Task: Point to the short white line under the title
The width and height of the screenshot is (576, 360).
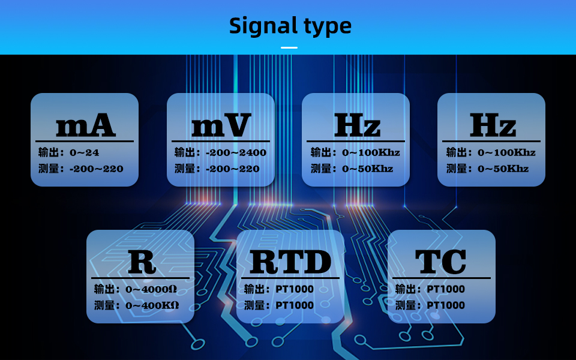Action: pos(289,47)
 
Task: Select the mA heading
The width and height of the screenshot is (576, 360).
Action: pos(85,126)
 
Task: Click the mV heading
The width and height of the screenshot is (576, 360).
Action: pos(221,126)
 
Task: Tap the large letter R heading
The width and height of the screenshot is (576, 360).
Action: pos(142,262)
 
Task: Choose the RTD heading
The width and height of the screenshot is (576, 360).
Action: pos(290,262)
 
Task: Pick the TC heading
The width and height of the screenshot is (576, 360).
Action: pos(441,262)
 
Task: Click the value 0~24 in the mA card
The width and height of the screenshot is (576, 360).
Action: pos(85,152)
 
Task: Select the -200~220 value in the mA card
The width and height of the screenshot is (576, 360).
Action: pos(97,169)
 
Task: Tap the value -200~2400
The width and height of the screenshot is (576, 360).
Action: pos(236,152)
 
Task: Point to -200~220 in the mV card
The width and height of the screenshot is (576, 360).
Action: pos(232,169)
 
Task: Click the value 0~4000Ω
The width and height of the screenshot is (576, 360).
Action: pos(151,289)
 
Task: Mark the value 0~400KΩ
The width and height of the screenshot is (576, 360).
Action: pos(152,305)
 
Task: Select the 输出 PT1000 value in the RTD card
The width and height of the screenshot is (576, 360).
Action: pos(295,289)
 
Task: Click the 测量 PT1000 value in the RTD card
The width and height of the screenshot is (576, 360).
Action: pos(295,305)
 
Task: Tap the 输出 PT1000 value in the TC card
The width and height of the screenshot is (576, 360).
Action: pos(446,289)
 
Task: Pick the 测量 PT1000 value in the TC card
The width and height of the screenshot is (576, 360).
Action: pos(446,305)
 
